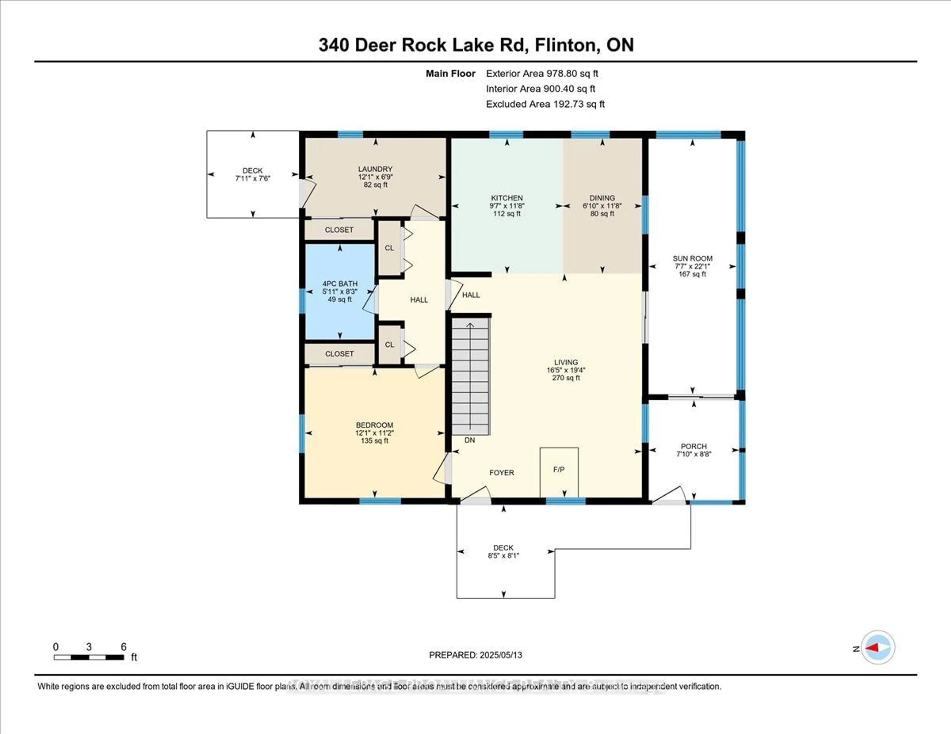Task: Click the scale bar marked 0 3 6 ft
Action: pyautogui.click(x=89, y=657)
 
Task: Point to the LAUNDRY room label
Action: pyautogui.click(x=375, y=169)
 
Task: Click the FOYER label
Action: pyautogui.click(x=502, y=472)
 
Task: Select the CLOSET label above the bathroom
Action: pyautogui.click(x=339, y=230)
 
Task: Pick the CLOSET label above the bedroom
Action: pyautogui.click(x=339, y=354)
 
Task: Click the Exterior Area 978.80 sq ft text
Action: pyautogui.click(x=542, y=73)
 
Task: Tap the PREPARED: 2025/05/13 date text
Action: pyautogui.click(x=475, y=655)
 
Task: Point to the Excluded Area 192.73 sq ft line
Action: pyautogui.click(x=545, y=104)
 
